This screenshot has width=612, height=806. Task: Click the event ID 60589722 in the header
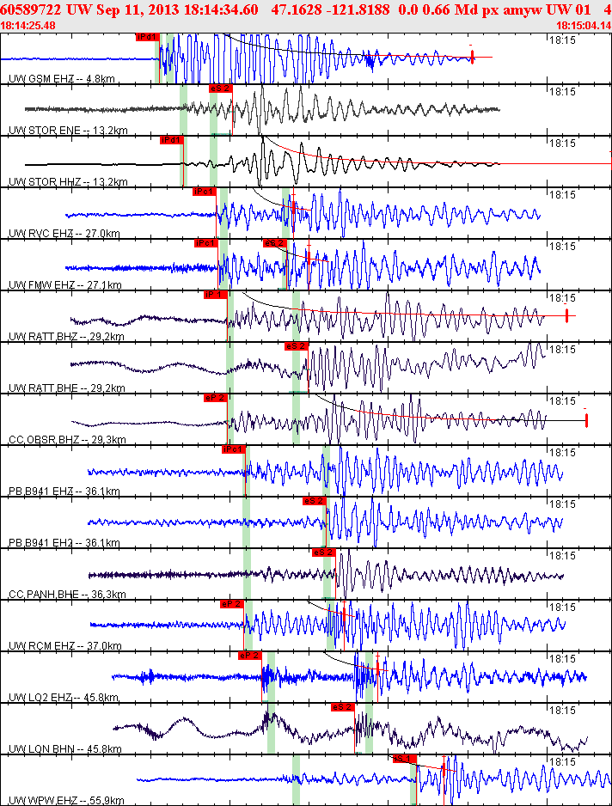[x=32, y=9]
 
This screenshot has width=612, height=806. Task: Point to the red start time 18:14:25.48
[x=28, y=25]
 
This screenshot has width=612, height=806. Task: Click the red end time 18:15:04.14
[x=583, y=25]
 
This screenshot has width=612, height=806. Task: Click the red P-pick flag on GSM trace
[x=147, y=37]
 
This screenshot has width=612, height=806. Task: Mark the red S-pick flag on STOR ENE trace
[x=220, y=88]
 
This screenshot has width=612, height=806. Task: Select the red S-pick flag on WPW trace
[x=404, y=759]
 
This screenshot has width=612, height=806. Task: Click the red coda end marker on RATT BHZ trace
[x=567, y=315]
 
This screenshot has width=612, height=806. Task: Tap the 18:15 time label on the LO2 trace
[x=562, y=658]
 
